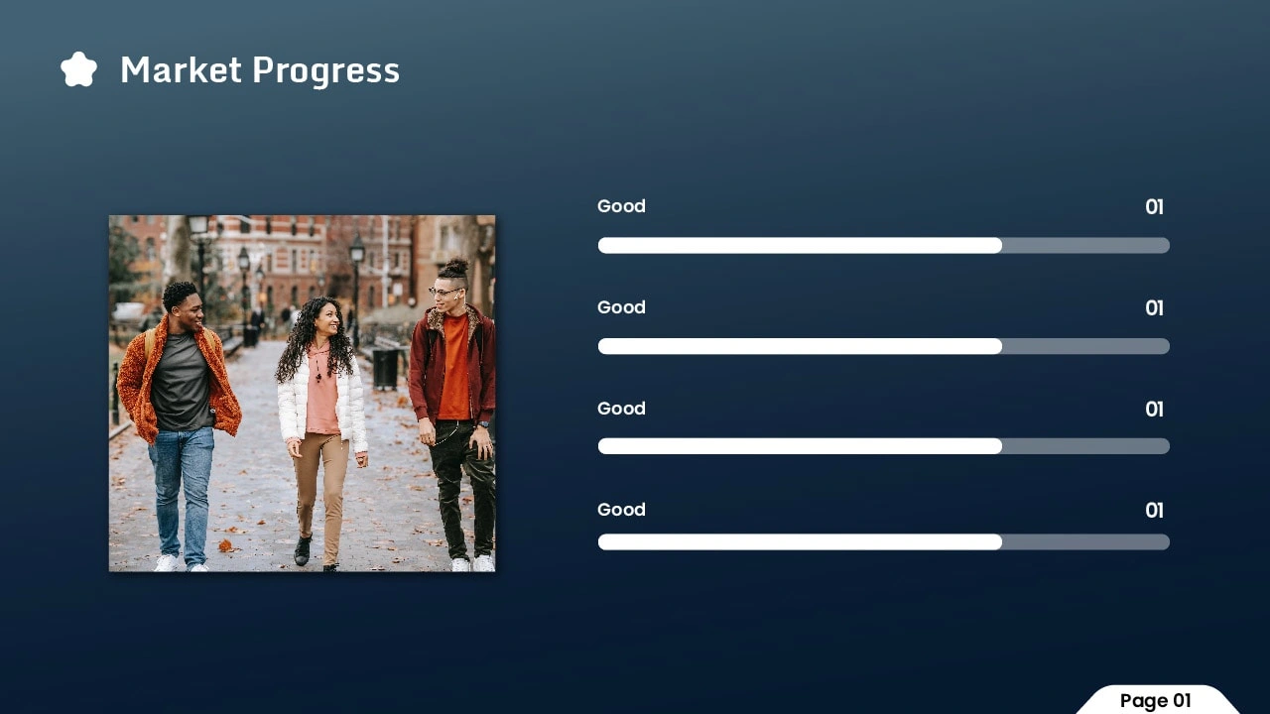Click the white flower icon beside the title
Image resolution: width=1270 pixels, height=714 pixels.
pos(78,69)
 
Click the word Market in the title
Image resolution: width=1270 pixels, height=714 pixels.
pos(182,69)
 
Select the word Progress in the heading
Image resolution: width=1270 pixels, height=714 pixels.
pos(326,71)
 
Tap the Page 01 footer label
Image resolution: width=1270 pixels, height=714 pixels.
pos(1156,700)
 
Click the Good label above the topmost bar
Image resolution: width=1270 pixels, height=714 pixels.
pos(621,205)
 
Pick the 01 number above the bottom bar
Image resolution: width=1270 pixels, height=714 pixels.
pos(1154,510)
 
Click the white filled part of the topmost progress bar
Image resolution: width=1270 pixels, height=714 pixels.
pos(800,245)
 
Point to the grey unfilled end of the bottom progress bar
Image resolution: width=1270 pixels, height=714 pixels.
pos(1085,542)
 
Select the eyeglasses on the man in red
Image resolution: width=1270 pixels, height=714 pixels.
pos(444,292)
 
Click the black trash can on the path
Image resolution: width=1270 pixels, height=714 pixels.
pos(385,368)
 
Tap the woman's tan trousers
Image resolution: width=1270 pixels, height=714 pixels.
pos(319,494)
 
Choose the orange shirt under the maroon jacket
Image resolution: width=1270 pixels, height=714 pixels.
pos(454,367)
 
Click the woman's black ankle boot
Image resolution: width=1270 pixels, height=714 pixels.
pos(303,549)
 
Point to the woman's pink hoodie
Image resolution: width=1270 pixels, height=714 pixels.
pos(322,392)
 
